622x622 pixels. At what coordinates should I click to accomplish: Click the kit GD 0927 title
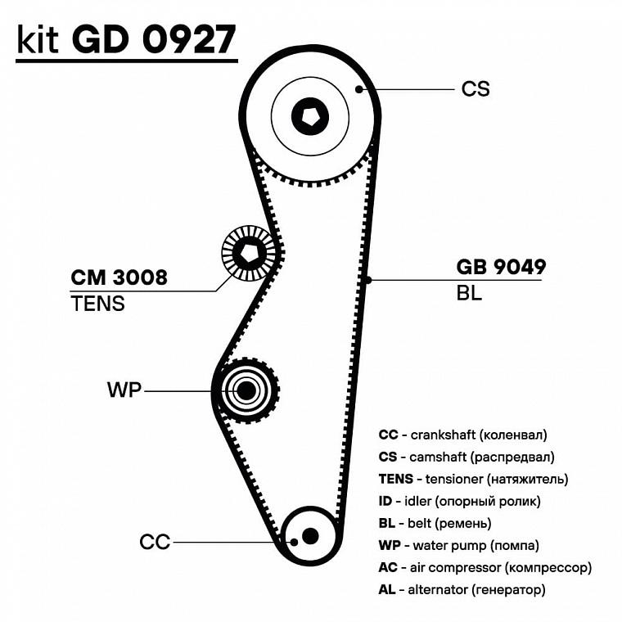127,39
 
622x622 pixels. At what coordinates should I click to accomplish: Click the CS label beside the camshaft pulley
476,88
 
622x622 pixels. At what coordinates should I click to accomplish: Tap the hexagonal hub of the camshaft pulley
310,117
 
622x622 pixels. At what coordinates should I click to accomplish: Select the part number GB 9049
501,267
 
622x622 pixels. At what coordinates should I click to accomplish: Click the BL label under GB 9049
469,293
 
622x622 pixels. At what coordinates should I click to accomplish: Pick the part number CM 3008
119,277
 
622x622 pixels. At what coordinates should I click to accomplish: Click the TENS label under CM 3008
98,304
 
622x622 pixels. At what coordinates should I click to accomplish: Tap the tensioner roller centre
249,254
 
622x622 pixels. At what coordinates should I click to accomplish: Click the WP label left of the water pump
124,390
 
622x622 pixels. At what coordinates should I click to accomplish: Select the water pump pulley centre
246,390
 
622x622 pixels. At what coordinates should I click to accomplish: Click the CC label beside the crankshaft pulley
155,542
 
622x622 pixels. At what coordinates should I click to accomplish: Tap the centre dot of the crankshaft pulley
309,535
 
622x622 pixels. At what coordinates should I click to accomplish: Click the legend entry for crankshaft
463,435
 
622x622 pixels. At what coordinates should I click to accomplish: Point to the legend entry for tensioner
473,479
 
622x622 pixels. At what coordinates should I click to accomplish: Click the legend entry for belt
446,523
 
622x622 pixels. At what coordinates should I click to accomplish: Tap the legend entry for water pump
459,545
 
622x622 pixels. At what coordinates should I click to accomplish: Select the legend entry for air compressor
485,567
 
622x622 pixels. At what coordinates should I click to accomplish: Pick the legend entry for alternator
462,589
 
